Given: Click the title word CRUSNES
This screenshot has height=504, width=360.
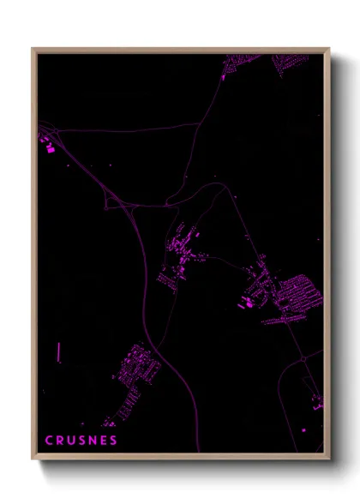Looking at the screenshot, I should pyautogui.click(x=81, y=441).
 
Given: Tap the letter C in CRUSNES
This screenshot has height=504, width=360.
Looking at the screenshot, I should pyautogui.click(x=49, y=441).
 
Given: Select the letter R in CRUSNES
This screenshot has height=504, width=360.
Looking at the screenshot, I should pyautogui.click(x=60, y=441).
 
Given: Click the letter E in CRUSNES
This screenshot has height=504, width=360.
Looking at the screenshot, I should pyautogui.click(x=103, y=441).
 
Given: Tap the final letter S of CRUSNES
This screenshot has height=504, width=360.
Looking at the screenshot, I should pyautogui.click(x=113, y=441).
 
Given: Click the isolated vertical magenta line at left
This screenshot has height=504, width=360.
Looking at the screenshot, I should pyautogui.click(x=59, y=352).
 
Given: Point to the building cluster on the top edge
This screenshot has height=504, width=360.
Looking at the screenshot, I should pyautogui.click(x=244, y=64).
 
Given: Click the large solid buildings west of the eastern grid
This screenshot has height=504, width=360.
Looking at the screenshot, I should pyautogui.click(x=249, y=300).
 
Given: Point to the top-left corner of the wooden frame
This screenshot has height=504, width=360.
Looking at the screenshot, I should pyautogui.click(x=33, y=50).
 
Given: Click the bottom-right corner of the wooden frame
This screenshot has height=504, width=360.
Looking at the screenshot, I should pyautogui.click(x=328, y=458).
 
